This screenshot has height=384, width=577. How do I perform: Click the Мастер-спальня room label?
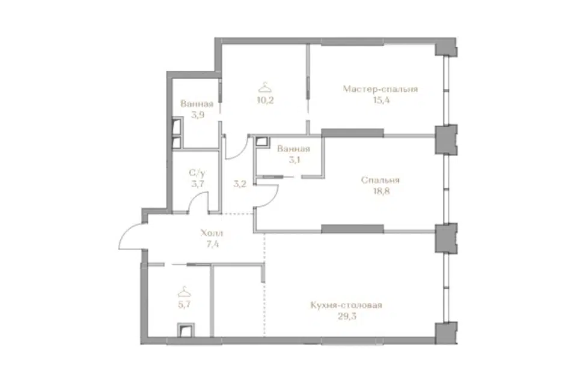point(380,89)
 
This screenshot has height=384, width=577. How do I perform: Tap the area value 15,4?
point(381,100)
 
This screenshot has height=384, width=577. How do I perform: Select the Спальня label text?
point(380,180)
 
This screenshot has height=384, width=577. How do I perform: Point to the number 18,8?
point(381,191)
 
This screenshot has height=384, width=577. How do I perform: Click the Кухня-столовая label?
point(346,305)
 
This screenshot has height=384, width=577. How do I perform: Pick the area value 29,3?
point(347,316)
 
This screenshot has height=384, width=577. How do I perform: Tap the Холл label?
point(212,233)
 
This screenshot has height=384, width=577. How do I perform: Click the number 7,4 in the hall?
point(213,244)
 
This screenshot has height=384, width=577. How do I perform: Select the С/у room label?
point(197,173)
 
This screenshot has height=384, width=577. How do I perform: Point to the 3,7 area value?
point(198,184)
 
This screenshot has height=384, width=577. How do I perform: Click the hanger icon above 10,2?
point(265,88)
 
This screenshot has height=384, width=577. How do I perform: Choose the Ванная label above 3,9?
point(197,104)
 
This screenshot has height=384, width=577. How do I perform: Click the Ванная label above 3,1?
point(293,149)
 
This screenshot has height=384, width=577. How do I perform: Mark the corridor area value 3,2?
point(240,184)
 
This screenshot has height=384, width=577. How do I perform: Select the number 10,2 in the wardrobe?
point(265,100)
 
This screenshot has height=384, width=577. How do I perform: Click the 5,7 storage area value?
point(184,304)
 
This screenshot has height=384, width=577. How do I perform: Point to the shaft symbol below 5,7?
point(186,330)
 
